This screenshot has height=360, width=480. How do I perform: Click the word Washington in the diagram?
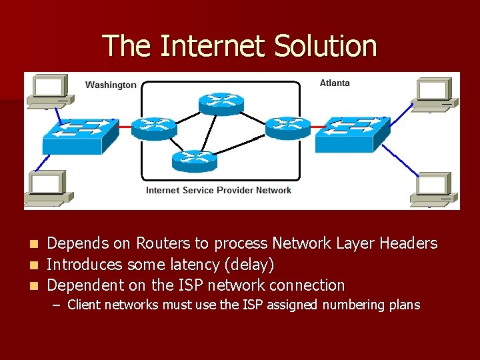[x=111, y=85]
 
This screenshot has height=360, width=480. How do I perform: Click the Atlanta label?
[x=335, y=83]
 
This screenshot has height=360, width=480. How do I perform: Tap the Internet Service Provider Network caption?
[x=219, y=190]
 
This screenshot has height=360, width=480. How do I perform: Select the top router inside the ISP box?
[x=221, y=103]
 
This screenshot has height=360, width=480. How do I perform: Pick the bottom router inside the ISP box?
[x=194, y=160]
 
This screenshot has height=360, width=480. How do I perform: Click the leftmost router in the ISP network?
[x=154, y=127]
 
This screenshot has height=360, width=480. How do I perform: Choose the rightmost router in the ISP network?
[x=288, y=127]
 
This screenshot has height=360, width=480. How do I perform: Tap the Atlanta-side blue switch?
[x=352, y=133]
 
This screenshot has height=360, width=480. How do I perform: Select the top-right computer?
[x=434, y=94]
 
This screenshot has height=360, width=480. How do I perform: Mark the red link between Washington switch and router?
[x=125, y=126]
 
